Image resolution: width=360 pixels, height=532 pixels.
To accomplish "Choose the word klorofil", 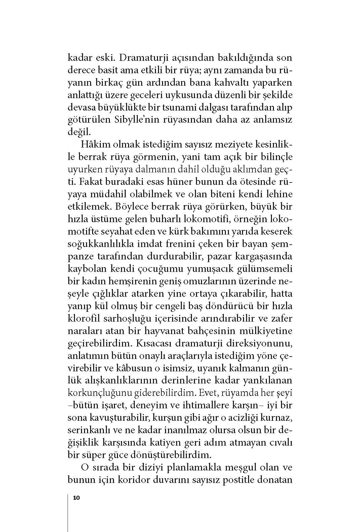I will (x=83, y=319).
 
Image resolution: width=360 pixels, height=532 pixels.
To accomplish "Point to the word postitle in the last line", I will (x=239, y=480).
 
